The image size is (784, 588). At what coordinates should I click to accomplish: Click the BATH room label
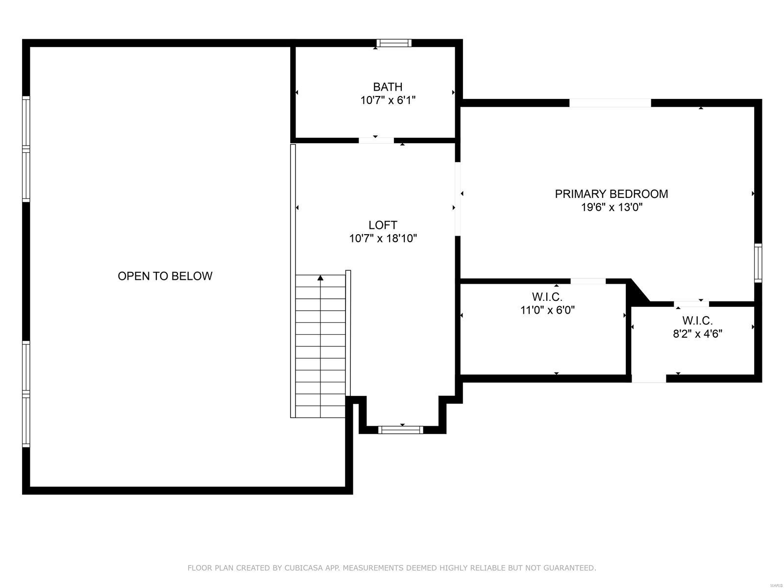[388, 87]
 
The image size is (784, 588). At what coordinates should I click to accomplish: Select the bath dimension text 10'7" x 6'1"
[388, 100]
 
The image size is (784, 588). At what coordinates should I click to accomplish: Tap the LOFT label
[383, 225]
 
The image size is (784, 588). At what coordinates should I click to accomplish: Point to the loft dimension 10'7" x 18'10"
[383, 239]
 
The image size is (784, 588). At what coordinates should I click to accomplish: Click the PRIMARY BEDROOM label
[611, 194]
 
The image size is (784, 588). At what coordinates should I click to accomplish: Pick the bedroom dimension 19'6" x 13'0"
[611, 207]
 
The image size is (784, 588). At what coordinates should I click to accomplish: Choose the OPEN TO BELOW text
[165, 276]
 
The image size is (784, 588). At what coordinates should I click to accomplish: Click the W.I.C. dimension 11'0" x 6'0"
[547, 310]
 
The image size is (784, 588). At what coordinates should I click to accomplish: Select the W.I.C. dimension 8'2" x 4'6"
[697, 334]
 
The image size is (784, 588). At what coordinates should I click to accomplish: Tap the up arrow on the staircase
[320, 278]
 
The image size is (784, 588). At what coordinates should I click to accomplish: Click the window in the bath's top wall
[393, 43]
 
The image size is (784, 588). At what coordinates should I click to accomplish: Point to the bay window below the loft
[401, 430]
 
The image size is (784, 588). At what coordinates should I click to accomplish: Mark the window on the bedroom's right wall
[758, 263]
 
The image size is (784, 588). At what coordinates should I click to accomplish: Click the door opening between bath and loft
[376, 141]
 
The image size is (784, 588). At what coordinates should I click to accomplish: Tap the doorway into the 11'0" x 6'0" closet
[588, 281]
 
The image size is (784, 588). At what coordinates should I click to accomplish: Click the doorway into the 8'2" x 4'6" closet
[691, 304]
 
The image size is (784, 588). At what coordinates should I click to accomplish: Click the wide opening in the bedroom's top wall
[610, 103]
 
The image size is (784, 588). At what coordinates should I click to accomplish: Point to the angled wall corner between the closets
[638, 293]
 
